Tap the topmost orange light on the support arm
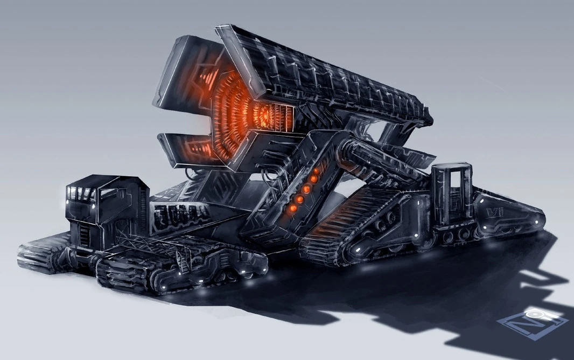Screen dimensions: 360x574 tap(313, 178)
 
